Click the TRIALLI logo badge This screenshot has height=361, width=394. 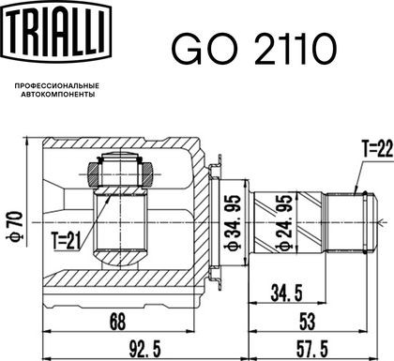(x=56, y=31)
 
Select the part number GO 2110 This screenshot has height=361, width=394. (x=254, y=49)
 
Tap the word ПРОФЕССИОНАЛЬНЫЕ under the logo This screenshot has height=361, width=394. (x=57, y=85)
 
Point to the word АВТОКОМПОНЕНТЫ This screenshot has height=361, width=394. (x=58, y=95)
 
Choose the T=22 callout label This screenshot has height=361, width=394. (x=377, y=148)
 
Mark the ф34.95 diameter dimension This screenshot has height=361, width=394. (x=233, y=223)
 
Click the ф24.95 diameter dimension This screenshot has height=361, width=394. (x=284, y=223)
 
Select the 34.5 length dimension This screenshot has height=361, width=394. (x=286, y=293)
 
